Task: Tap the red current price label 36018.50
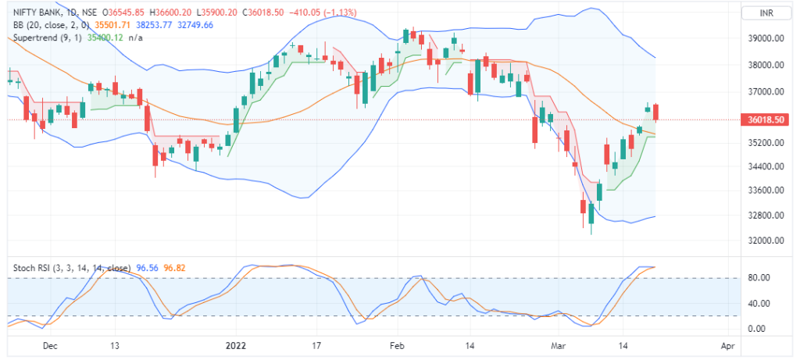click(766, 119)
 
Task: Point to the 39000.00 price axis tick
click(766, 38)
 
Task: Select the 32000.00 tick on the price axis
click(766, 241)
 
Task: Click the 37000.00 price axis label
click(766, 92)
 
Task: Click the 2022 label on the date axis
click(236, 344)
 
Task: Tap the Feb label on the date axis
click(398, 344)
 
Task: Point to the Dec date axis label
click(49, 344)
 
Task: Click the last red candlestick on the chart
click(657, 112)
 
